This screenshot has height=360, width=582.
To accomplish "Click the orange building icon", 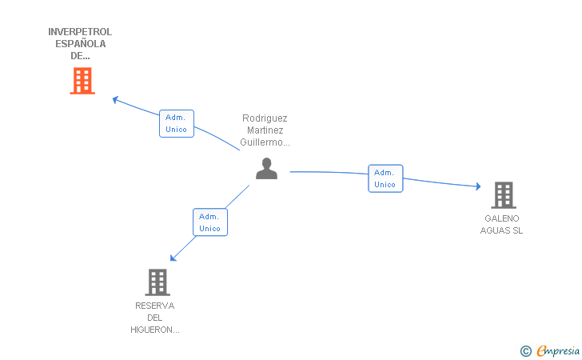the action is tap(82, 81).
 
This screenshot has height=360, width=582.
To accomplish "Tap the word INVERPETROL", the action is tap(80, 32).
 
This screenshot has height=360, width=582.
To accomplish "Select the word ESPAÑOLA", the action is tap(81, 44).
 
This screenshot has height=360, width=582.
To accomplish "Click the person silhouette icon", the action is tap(266, 168).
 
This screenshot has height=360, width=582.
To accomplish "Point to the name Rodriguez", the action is tap(265, 118).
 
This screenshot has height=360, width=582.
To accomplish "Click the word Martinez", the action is tap(265, 130).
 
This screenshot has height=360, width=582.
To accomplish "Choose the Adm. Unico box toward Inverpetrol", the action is tap(177, 123).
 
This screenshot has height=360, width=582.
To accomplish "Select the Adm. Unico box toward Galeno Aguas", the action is tap(385, 178).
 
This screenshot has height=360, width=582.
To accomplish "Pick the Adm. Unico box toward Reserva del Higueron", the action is tap(210, 222).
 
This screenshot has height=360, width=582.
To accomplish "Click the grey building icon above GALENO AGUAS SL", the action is tap(504, 195).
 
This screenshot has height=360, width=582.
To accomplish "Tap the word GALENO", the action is tap(502, 218).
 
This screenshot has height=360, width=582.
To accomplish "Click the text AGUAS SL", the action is tap(501, 230).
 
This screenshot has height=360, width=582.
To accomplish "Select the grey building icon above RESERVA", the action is tap(157, 282).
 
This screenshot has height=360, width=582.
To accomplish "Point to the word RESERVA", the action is tap(155, 306).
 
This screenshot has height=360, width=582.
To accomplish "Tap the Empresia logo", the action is tap(550, 350).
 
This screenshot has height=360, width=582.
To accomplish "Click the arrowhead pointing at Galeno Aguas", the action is tap(478, 186).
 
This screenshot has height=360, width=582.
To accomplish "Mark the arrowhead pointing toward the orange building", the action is tap(115, 99).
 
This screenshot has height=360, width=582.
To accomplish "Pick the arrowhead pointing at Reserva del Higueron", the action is tap(173, 258).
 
